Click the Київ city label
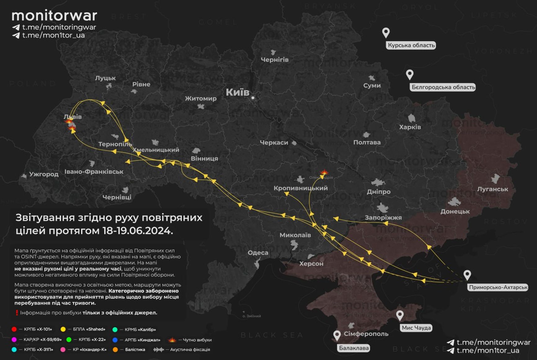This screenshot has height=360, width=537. (237, 92)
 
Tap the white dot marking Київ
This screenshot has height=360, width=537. (253, 98)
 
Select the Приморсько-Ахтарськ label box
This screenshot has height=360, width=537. (498, 287)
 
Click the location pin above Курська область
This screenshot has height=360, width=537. (386, 32)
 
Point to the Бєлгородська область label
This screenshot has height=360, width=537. (443, 87)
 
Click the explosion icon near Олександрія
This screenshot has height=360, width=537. (324, 172)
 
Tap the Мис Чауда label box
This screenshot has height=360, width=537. (416, 328)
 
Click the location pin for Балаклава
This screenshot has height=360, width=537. (337, 335)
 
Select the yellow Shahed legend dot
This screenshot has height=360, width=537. (63, 329)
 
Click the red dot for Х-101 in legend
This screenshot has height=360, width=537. (14, 329)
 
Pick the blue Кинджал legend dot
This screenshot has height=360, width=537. (115, 340)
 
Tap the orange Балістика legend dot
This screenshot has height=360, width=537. (115, 349)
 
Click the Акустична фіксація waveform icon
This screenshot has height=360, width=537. (158, 349)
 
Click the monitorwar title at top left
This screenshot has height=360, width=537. (54, 15)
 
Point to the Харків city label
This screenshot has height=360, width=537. (410, 127)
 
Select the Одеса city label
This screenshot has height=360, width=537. (258, 252)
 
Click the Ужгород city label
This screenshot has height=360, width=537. (44, 174)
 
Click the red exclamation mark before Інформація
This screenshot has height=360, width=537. (17, 313)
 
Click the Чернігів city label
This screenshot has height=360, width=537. (274, 59)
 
